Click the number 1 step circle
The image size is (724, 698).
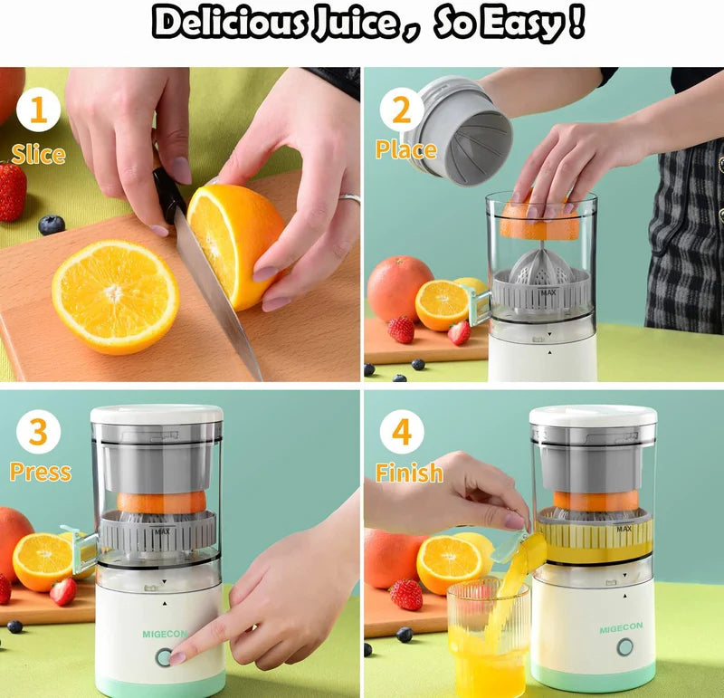[38, 111]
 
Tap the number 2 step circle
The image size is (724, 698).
[402, 111]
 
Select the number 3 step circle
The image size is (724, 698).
[38, 432]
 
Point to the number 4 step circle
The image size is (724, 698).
[402, 432]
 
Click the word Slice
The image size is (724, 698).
[38, 154]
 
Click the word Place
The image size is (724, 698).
[406, 149]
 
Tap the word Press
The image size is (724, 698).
[40, 473]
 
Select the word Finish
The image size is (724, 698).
[409, 473]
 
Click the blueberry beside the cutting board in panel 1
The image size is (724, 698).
[52, 224]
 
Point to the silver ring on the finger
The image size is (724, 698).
[350, 198]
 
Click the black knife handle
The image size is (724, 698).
[168, 194]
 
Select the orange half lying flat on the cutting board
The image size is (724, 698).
[115, 296]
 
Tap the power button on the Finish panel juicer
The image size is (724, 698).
[625, 647]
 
